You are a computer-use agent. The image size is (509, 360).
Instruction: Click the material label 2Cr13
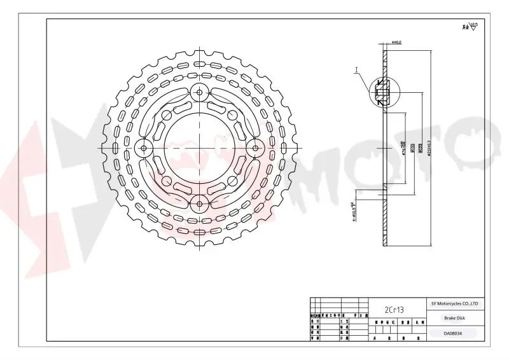tap(394, 309)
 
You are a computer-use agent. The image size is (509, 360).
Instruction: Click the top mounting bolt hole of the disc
tap(200, 93)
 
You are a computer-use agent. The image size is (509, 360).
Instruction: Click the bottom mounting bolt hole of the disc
tap(200, 204)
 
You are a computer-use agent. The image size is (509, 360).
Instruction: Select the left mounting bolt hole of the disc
tap(144, 149)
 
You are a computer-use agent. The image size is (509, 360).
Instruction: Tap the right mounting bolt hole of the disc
tap(256, 149)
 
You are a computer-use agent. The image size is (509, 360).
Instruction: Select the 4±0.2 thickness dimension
tap(396, 43)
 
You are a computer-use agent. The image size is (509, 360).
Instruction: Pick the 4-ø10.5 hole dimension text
tap(354, 210)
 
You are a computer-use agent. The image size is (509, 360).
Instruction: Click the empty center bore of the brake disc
tap(200, 149)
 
